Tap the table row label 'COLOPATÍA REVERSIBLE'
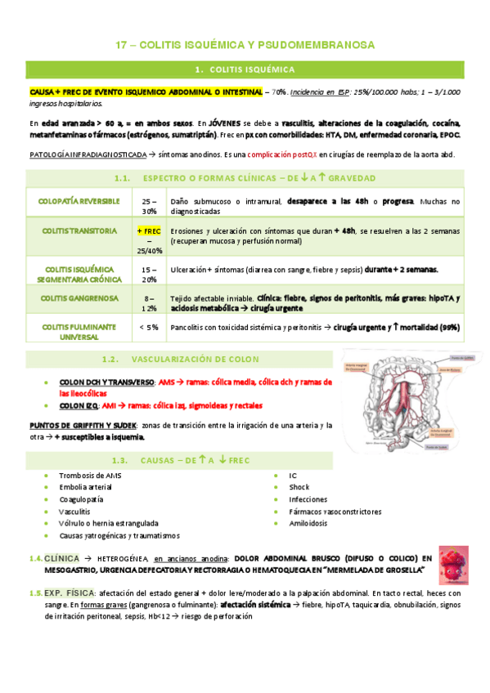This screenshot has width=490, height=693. [79, 201]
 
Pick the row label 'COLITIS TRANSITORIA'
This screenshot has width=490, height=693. [79, 231]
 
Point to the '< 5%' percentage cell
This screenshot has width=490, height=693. [149, 327]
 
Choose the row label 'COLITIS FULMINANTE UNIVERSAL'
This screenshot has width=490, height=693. [79, 331]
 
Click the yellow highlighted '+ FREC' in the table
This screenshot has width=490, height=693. [149, 231]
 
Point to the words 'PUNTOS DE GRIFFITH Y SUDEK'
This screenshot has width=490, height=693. [83, 426]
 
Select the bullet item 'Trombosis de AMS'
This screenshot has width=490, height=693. [90, 475]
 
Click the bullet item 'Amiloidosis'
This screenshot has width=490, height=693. [308, 524]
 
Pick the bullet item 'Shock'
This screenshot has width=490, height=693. [299, 487]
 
